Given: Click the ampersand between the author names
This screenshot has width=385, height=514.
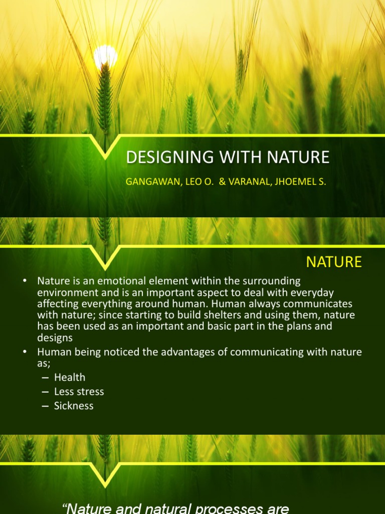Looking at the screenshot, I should [x=222, y=182].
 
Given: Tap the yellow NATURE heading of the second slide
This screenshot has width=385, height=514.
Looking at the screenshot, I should [x=334, y=262].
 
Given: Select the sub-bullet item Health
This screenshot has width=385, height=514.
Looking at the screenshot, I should [x=70, y=377].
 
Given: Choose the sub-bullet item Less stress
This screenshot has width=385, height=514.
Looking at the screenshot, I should [x=79, y=392].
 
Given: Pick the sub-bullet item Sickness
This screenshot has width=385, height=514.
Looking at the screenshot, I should [x=74, y=406].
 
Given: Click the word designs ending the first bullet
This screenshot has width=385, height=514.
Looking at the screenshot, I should [x=55, y=338].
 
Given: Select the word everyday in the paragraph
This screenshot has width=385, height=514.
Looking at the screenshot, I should [x=315, y=292].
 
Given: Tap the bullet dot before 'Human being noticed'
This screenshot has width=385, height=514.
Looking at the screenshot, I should [x=25, y=352].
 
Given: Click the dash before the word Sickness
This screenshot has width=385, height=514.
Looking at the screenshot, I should [x=46, y=406].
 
